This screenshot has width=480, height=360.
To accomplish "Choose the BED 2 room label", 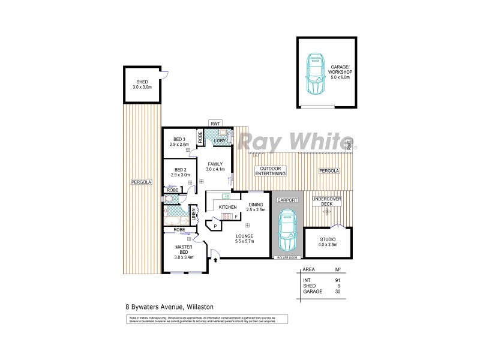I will pos(179,172).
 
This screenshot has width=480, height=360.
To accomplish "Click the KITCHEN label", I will pos(227,207).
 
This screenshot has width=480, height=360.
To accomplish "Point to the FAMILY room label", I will pos(215,167).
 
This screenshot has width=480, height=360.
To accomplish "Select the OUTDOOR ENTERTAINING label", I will pos(269,170).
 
